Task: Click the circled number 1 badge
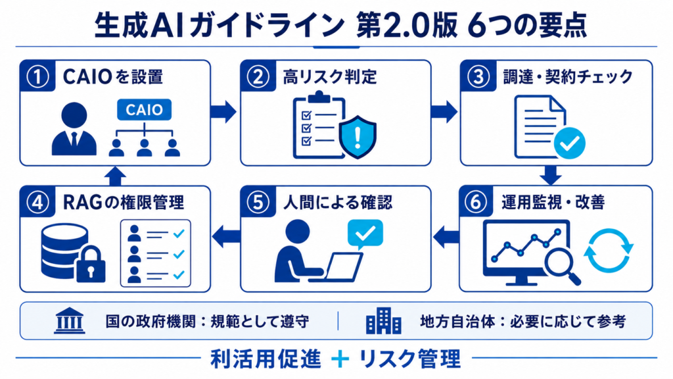(x=37, y=77)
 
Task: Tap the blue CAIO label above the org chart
(x=144, y=110)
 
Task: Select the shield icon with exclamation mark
(x=358, y=137)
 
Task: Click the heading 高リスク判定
(x=330, y=77)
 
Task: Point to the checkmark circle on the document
(x=570, y=143)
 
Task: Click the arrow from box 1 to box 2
(x=223, y=112)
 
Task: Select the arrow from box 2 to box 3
(x=444, y=112)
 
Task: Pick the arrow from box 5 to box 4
(x=226, y=237)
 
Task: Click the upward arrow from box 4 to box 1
(x=115, y=176)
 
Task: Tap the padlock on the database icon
(x=91, y=265)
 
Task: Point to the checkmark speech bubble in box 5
(x=365, y=234)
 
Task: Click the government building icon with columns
(x=70, y=320)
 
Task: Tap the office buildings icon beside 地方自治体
(x=383, y=321)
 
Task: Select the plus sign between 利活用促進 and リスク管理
(x=340, y=359)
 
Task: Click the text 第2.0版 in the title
(x=406, y=26)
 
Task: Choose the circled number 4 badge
(x=37, y=203)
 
